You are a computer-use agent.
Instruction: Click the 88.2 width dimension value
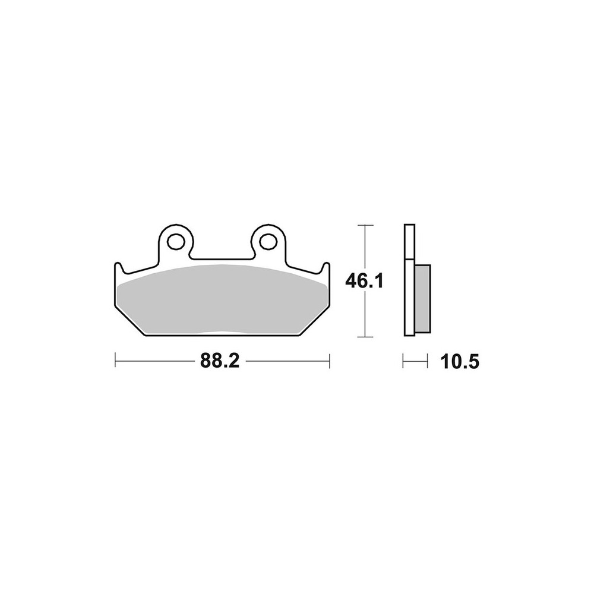tap(220, 361)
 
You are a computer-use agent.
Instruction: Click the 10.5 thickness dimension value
tap(460, 362)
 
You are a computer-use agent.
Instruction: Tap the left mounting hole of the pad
tap(175, 242)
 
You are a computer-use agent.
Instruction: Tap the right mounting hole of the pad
tap(268, 242)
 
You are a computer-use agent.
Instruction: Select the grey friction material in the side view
tap(423, 299)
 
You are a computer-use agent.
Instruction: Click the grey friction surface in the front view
tap(222, 299)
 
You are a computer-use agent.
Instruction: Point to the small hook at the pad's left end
tap(118, 267)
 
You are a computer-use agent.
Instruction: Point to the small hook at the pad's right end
tap(326, 267)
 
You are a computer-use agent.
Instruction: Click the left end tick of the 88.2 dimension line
tap(115, 361)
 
